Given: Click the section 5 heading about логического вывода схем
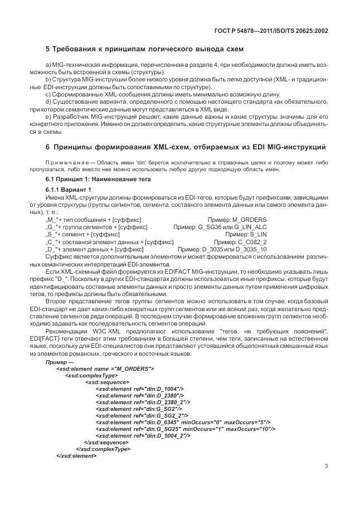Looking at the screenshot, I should [x=144, y=50].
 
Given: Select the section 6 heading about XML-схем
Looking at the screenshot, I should [x=184, y=147].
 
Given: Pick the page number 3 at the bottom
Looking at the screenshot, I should [x=326, y=467].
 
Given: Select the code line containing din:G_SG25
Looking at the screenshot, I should [x=184, y=429].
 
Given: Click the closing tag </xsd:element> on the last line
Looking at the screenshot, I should [x=76, y=455].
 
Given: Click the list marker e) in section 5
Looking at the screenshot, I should [x=48, y=116].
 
